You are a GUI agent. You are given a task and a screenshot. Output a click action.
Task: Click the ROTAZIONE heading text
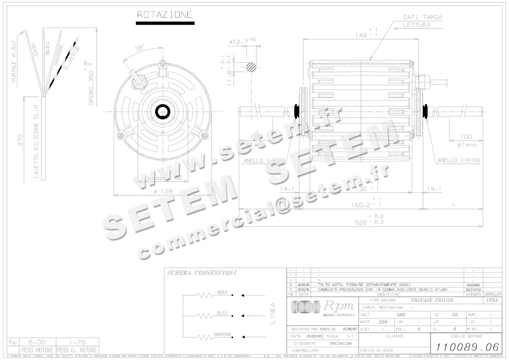tap(165, 15)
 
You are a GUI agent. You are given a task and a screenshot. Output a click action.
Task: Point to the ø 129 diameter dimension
tap(163, 191)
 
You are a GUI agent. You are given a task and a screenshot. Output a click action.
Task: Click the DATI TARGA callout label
tap(422, 17)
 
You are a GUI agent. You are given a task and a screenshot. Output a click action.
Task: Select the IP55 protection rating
tap(492, 300)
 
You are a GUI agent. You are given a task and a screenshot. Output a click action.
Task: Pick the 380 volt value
tap(400, 315)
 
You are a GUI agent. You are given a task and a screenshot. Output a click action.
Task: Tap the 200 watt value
tap(383, 322)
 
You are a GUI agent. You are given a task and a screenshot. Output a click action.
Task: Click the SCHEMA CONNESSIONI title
tap(202, 273)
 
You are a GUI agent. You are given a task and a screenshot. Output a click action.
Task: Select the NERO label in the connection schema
tap(222, 292)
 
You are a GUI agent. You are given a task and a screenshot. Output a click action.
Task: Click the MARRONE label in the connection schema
tap(222, 334)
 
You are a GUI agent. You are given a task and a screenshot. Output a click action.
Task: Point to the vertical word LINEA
tap(272, 313)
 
